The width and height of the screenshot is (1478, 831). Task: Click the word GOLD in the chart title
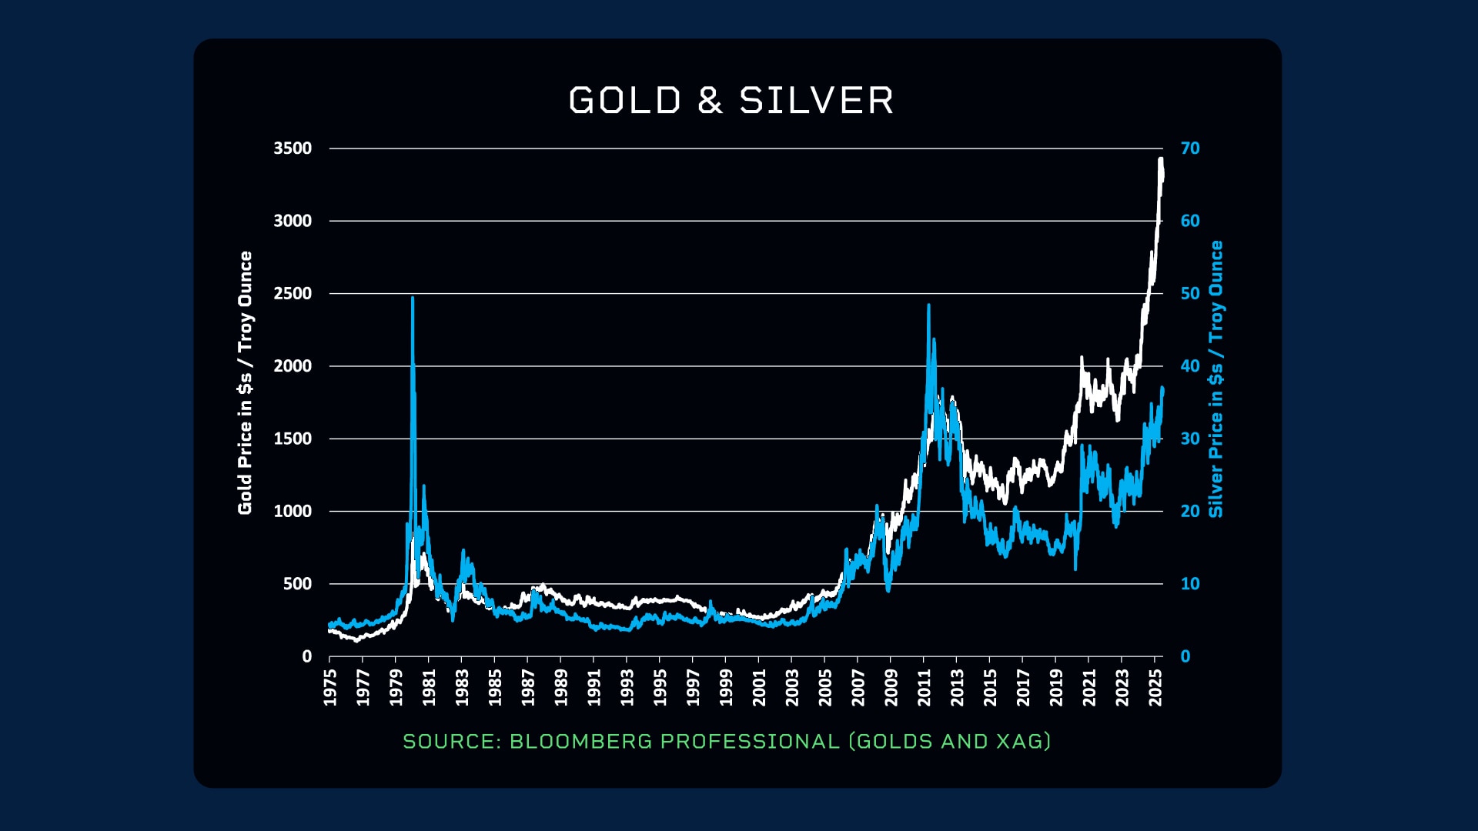625,101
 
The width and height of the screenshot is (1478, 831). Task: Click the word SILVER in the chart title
817,101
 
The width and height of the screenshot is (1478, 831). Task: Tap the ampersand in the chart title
711,101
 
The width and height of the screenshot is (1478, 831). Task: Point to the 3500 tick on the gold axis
293,149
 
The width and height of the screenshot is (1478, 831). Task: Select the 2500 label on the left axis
293,294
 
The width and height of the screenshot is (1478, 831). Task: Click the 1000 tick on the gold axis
293,512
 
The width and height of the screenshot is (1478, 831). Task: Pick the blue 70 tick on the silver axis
1190,149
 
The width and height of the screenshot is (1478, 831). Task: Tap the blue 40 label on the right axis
1190,366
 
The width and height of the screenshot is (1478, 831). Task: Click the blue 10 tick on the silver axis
1190,584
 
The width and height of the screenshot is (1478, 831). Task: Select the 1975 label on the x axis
330,687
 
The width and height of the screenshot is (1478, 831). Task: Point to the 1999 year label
726,687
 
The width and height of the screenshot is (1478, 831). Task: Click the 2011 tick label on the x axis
924,687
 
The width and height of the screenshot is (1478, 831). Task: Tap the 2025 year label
1155,687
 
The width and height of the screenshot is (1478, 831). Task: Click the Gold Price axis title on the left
245,383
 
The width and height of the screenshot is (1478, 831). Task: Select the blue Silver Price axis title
1216,379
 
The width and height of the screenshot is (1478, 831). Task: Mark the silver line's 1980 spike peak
413,299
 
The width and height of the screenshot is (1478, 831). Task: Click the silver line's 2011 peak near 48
928,306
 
